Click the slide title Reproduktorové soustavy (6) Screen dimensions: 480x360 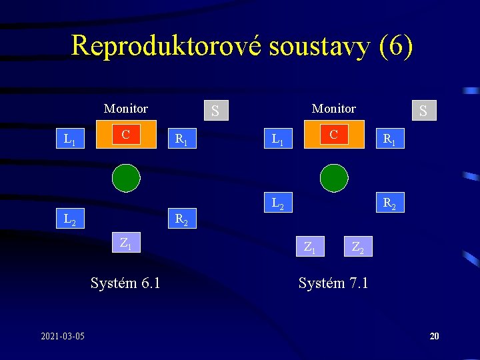coord(242,46)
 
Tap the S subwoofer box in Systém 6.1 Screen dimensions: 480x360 coord(215,110)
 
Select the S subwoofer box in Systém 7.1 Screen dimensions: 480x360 coord(423,110)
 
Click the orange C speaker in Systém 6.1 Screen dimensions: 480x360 coord(126,136)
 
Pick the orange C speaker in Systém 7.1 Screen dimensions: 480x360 coord(334,135)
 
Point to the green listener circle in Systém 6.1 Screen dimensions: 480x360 coord(126,177)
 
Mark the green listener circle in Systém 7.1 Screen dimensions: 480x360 coord(334,177)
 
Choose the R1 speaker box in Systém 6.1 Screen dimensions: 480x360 coord(181,139)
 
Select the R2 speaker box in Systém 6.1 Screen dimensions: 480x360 coord(181,218)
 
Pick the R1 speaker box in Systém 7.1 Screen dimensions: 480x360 coord(389,139)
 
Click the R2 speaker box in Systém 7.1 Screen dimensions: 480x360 coord(389,203)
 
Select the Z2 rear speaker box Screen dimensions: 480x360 coord(358,247)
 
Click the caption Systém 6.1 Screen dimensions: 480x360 coord(125,283)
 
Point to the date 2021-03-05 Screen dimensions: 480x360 coord(63,336)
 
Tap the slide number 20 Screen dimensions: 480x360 coord(434,336)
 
